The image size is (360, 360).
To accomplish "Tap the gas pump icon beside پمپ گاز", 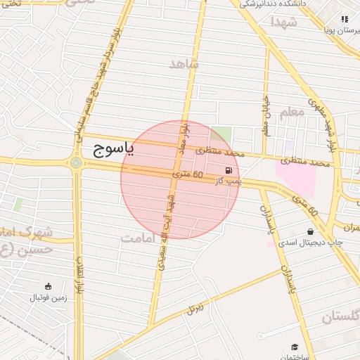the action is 228,170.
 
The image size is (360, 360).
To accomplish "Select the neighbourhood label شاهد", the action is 185,64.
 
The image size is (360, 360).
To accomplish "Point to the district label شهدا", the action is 284,22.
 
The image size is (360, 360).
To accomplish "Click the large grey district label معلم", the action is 291,111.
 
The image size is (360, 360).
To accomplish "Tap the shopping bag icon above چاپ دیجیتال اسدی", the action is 310,231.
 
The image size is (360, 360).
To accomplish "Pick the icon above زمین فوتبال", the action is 48,285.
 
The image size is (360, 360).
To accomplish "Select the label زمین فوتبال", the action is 48,297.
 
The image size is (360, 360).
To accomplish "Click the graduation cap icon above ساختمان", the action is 295,347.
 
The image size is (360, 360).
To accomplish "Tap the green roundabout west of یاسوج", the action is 75,163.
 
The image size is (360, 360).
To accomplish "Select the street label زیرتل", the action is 195,307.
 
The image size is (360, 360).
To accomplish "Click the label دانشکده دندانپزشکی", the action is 274,4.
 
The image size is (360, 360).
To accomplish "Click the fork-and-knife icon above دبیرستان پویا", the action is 345,19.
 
